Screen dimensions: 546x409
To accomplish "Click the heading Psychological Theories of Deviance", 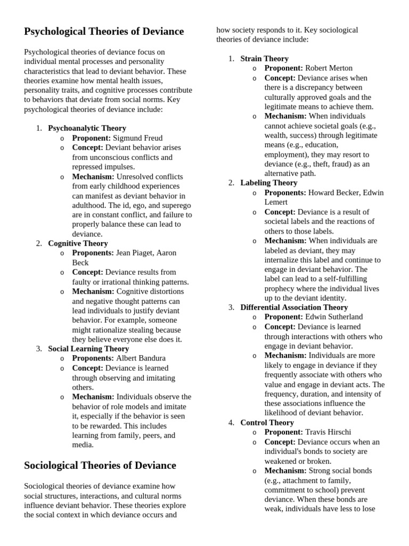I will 104,31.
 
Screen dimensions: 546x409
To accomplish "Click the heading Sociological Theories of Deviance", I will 100,465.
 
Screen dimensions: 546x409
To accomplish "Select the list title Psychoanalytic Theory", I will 87,128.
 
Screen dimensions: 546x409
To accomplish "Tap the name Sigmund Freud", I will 138,138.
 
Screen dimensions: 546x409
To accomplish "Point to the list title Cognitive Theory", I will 78,243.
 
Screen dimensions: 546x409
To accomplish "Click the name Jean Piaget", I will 135,253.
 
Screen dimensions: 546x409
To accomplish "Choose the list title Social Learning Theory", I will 88,349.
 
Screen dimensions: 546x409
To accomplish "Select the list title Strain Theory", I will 264,59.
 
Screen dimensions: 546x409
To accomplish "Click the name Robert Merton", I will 329,68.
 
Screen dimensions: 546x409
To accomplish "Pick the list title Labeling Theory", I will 268,183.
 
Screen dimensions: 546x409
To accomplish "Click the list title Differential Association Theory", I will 294,307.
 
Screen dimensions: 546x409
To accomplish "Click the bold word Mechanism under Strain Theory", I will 285,116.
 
